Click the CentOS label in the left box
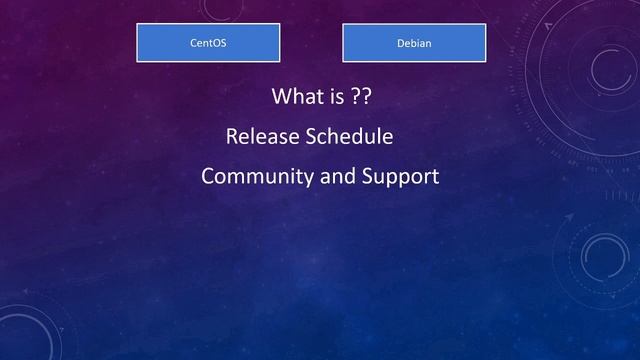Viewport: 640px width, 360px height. click(208, 43)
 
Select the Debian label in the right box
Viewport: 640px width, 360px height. click(414, 43)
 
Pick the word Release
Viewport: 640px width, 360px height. click(262, 136)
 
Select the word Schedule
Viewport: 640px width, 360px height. click(348, 136)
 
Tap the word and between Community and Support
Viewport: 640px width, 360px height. click(338, 177)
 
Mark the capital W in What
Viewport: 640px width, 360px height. click(281, 97)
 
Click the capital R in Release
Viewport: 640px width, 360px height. click(232, 136)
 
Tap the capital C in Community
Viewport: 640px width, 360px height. click(208, 177)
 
